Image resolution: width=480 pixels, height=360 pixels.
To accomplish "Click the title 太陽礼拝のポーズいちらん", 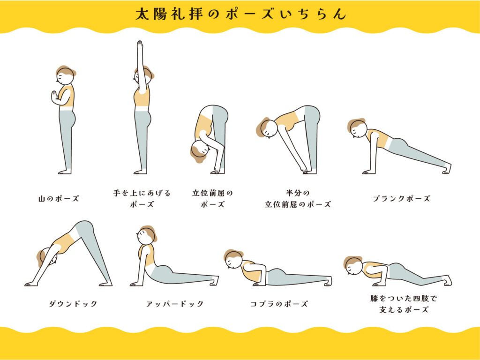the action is [240, 14].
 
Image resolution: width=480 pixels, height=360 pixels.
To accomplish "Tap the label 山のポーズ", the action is [59, 199].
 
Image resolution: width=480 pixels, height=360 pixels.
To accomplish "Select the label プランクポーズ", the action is [401, 198].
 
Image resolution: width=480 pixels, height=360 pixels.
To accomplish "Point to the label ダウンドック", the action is [73, 304].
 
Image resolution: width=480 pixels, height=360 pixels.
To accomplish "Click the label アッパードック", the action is [175, 304].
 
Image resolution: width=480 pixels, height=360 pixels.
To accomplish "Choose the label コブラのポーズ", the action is [279, 304].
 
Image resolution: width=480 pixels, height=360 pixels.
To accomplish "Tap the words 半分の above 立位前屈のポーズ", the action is [298, 193].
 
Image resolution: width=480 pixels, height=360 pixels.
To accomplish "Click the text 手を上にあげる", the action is [142, 193].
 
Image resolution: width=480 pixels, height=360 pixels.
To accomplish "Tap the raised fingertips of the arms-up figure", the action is [140, 43].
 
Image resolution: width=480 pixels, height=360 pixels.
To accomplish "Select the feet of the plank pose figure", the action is [446, 169].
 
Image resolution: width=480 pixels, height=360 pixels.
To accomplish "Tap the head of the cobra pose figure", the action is [234, 259].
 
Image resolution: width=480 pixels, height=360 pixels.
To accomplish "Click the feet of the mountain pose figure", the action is [65, 172].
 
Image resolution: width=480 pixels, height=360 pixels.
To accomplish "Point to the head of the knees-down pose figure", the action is [354, 266].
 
